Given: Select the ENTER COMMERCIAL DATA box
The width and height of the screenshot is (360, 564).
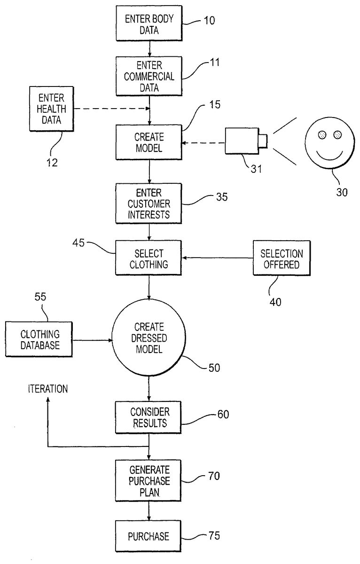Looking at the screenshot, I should point(149,76).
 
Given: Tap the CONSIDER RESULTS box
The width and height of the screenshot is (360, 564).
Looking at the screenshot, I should point(149,417).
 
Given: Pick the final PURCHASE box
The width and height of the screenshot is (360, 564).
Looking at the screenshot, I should point(149,535).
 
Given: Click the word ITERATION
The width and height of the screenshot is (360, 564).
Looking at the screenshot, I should point(48,389).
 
